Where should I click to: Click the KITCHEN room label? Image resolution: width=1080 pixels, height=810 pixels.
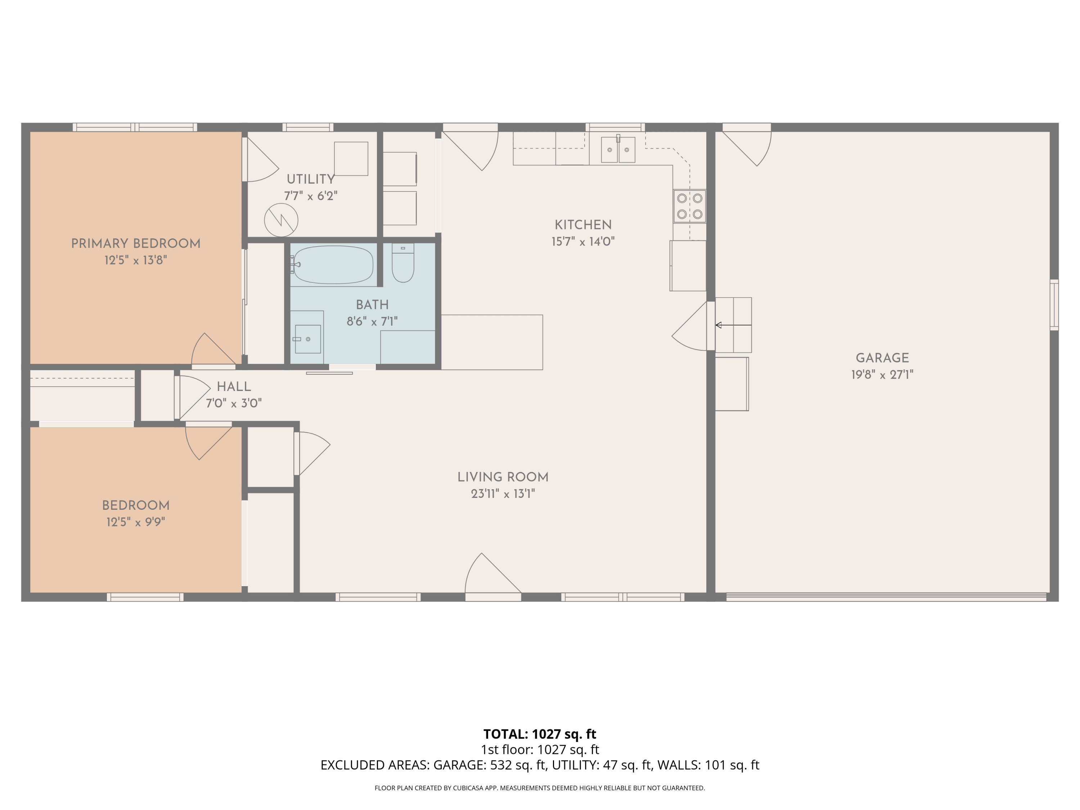click(x=583, y=225)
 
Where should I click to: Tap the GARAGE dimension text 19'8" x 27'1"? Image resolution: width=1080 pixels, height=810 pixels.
click(x=882, y=374)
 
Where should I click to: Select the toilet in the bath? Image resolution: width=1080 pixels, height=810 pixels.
click(x=403, y=263)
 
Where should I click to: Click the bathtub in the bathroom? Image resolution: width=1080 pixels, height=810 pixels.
click(x=333, y=265)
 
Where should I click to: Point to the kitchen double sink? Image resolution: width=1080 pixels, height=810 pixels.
click(x=618, y=149)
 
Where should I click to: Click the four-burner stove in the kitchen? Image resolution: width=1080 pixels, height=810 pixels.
click(x=689, y=206)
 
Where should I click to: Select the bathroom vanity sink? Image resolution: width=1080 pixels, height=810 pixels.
click(x=307, y=339)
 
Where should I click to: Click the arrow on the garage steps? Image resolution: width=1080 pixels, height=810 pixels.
click(x=733, y=325)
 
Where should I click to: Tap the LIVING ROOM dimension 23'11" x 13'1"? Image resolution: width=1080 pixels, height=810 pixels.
click(x=503, y=494)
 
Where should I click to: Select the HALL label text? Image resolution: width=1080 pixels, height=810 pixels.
click(x=234, y=387)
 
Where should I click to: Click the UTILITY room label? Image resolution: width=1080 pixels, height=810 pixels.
click(x=311, y=179)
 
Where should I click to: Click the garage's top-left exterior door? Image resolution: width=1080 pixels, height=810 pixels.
click(x=747, y=144)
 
